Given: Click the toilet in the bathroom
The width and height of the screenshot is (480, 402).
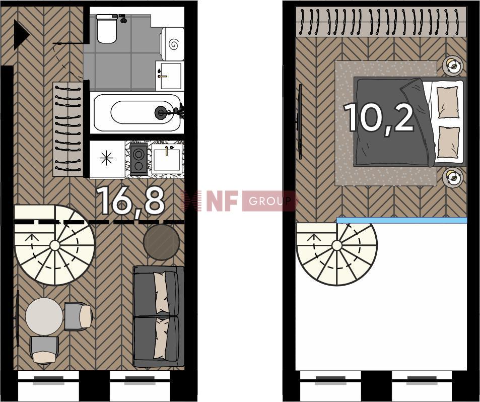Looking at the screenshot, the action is click(107, 29).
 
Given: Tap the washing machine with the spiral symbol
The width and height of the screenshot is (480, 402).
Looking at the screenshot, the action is click(172, 44).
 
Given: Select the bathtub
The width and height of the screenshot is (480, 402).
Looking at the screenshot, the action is click(137, 112).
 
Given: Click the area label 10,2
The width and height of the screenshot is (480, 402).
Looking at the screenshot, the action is click(379, 117).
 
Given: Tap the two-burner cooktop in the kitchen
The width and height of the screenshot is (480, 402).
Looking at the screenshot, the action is click(139, 159).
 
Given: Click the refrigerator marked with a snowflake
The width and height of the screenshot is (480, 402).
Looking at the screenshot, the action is click(107, 159).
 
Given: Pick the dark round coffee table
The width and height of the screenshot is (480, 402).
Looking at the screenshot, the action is click(162, 242).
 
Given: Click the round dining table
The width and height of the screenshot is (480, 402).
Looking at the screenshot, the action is click(44, 316).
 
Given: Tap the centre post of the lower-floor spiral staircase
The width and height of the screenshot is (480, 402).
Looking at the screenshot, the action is click(55, 245).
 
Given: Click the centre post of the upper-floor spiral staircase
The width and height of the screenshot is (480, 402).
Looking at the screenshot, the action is click(337, 245).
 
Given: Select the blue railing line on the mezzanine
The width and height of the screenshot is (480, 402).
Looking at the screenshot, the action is click(402, 221).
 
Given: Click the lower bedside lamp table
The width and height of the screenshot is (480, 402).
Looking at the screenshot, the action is click(452, 177).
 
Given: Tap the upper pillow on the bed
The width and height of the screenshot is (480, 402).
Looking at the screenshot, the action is click(448, 102).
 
